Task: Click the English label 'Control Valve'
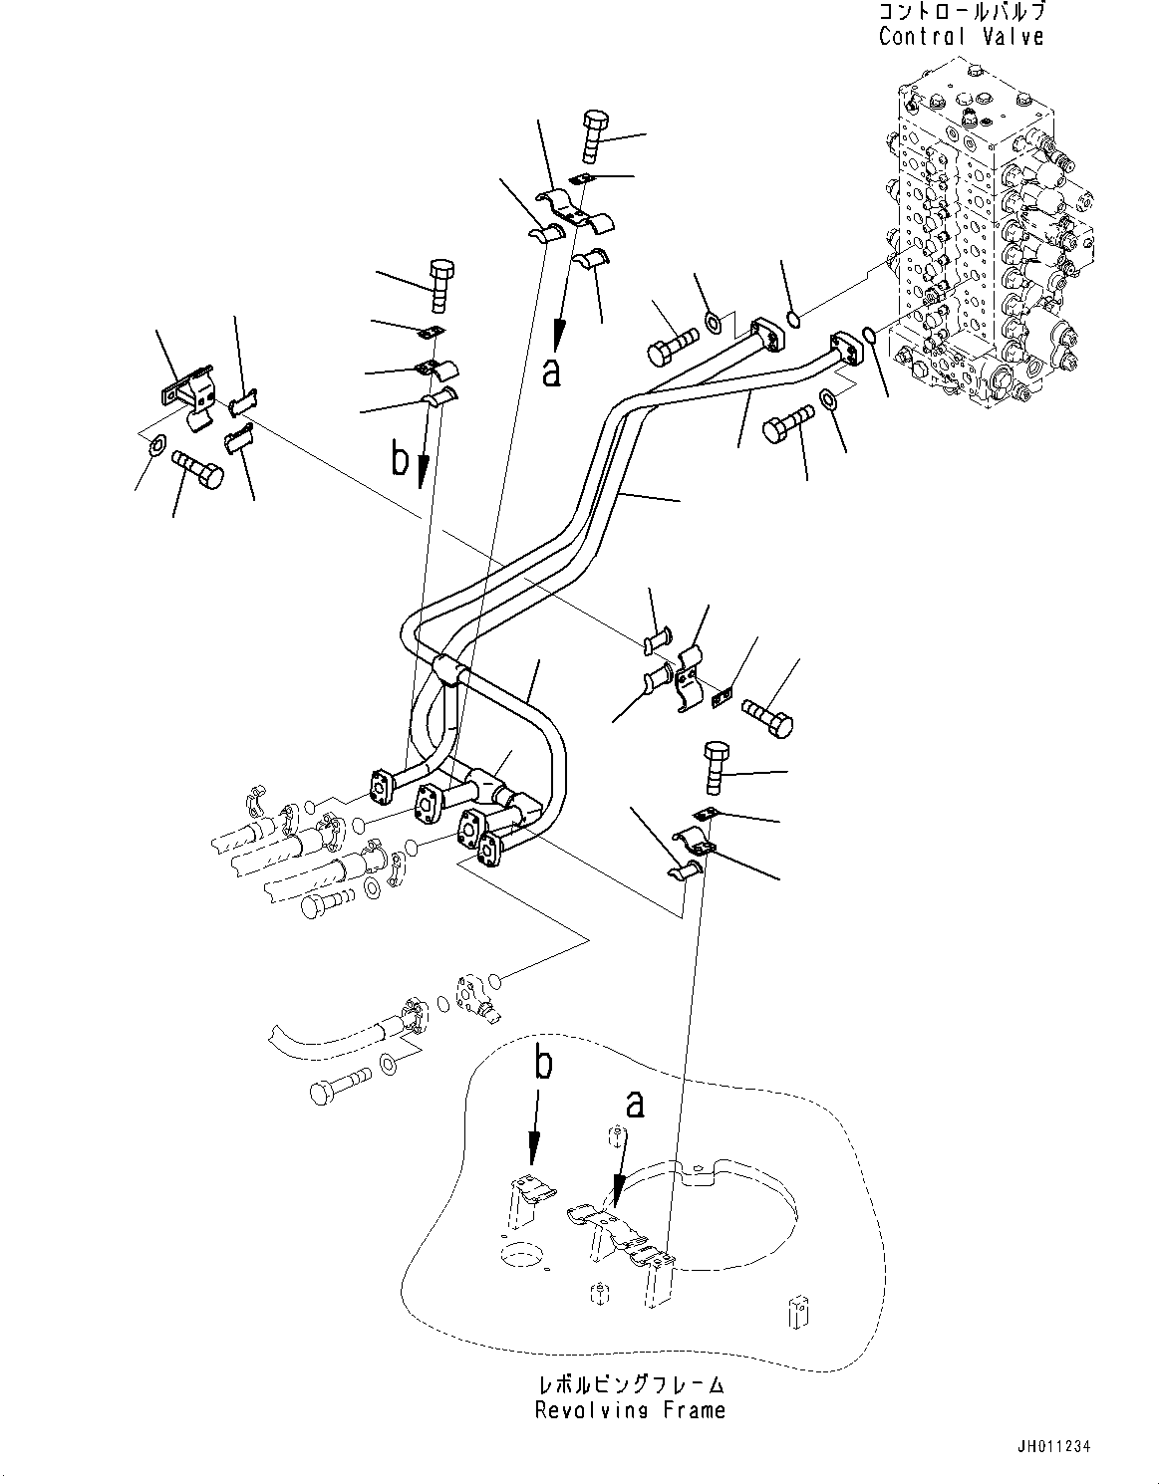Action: pyautogui.click(x=961, y=37)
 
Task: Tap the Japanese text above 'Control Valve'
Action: pyautogui.click(x=961, y=13)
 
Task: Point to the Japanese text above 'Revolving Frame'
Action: pyautogui.click(x=630, y=1385)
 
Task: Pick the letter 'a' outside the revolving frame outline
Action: pyautogui.click(x=551, y=371)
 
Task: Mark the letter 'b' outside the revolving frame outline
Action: pyautogui.click(x=400, y=460)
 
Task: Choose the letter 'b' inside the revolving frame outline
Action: pyautogui.click(x=542, y=1064)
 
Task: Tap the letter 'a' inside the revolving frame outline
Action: pyautogui.click(x=634, y=1104)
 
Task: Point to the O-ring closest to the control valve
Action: pyautogui.click(x=867, y=335)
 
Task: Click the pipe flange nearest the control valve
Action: pyautogui.click(x=846, y=351)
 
